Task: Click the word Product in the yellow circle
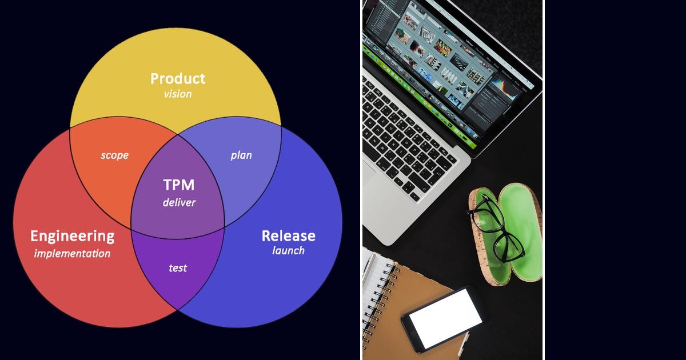pos(178,79)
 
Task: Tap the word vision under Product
pos(178,94)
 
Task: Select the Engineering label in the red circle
pos(72,236)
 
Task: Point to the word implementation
pos(72,253)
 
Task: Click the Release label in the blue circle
pos(288,235)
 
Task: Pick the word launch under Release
pos(288,250)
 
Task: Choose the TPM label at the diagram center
pos(179,185)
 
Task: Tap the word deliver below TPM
pos(179,202)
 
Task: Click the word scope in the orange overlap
pos(114,155)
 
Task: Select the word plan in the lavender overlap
pos(241,155)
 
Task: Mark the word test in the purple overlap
pos(178,267)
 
